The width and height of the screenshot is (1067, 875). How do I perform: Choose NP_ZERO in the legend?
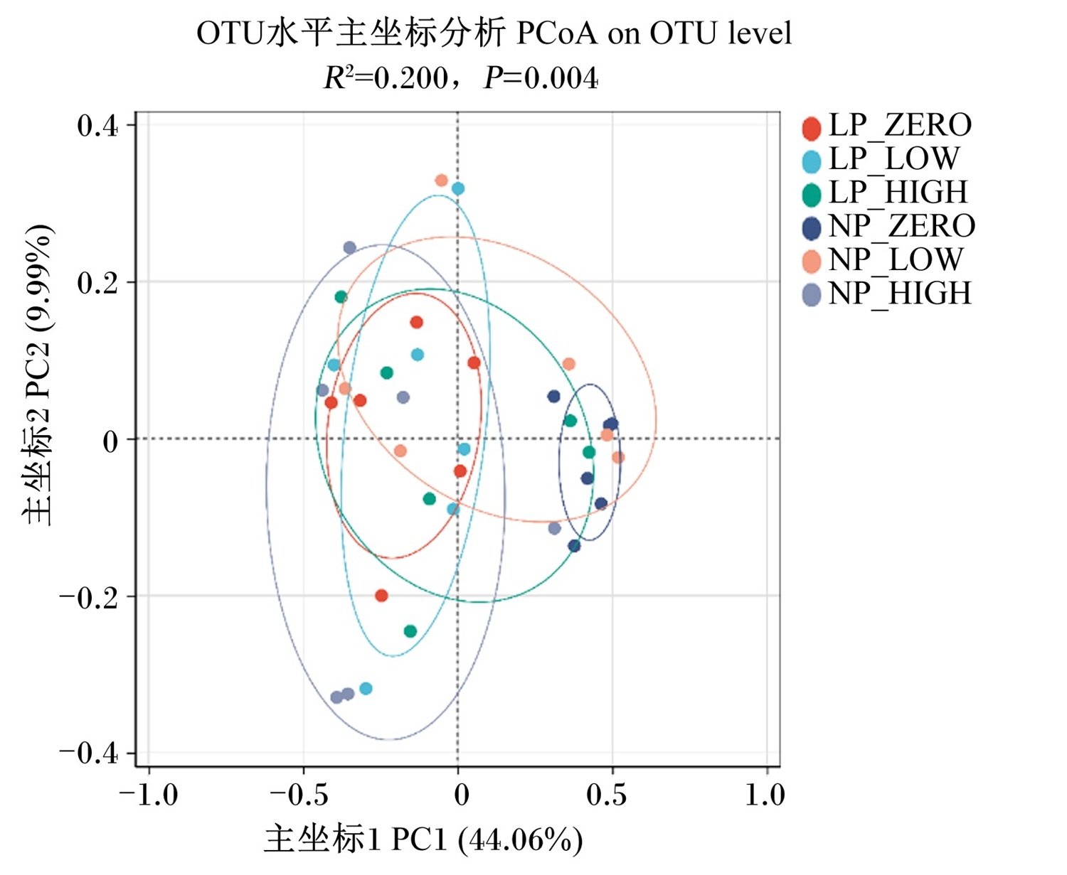pos(888,227)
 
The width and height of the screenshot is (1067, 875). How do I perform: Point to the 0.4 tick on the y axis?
pos(97,126)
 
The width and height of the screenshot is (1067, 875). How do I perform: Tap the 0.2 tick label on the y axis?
pos(97,283)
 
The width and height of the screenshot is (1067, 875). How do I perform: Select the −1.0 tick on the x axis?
pos(148,795)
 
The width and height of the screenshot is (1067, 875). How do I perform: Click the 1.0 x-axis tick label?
pos(765,795)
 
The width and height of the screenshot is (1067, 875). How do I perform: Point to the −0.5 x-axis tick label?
pos(299,795)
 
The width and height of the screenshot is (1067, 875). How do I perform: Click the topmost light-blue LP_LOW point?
pos(458,189)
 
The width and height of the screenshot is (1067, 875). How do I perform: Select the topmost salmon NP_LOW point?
pos(441,181)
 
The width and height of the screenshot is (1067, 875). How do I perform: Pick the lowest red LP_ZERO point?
pos(381,596)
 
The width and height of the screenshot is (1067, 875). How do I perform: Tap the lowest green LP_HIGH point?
pos(410,631)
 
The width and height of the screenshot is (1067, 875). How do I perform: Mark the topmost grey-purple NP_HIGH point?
pos(349,247)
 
